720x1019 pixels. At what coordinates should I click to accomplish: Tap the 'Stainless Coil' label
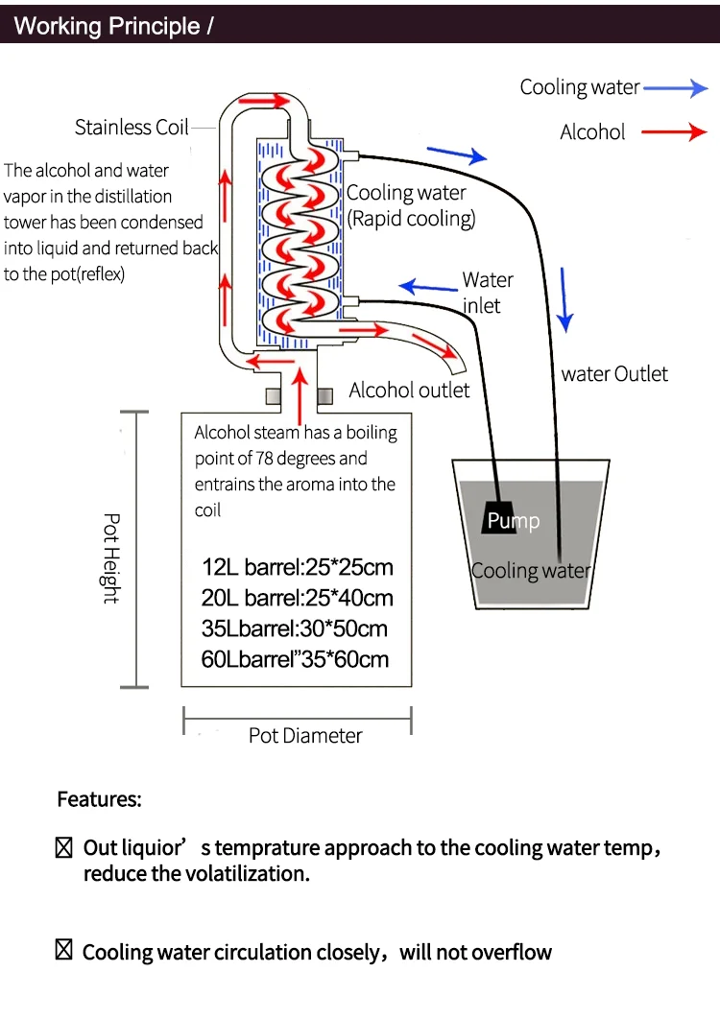132,128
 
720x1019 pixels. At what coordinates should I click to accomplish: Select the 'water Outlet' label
614,374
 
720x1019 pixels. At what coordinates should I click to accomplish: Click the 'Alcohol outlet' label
409,390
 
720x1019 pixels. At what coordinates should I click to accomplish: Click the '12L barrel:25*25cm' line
298,566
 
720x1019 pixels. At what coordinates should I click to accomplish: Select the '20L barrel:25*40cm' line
298,598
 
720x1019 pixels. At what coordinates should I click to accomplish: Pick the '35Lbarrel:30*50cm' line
295,628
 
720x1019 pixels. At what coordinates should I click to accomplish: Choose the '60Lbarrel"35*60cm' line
296,659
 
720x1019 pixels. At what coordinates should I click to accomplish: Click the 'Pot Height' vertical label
111,558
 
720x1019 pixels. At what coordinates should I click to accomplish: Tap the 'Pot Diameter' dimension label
305,736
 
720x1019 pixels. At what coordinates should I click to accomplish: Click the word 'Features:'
99,799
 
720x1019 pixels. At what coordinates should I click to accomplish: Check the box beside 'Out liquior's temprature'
64,847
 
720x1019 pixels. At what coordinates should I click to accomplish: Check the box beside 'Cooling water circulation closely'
64,951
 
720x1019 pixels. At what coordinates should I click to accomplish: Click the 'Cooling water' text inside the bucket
531,571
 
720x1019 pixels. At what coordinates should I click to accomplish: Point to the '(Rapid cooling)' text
411,219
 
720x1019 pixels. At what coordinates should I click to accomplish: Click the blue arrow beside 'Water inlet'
427,286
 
